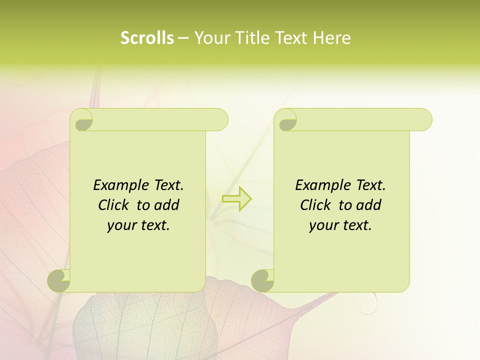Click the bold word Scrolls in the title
[x=147, y=38]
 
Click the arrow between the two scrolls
[x=237, y=198]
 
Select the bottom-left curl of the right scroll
[x=263, y=280]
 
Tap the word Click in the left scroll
[x=115, y=205]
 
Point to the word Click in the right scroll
[x=317, y=205]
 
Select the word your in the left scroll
[x=122, y=226]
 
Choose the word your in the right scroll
[x=324, y=226]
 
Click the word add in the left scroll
[x=166, y=205]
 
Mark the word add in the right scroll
[x=368, y=205]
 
